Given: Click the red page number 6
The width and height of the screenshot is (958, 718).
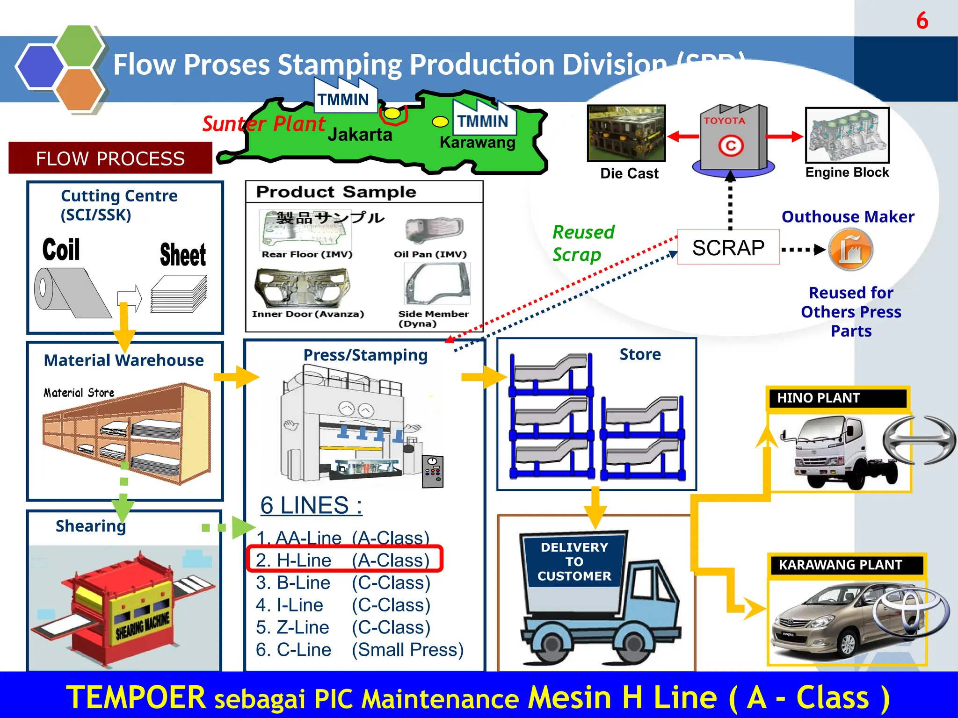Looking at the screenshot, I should pyautogui.click(x=922, y=21).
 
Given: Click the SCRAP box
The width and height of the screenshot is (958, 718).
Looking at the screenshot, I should pyautogui.click(x=728, y=247).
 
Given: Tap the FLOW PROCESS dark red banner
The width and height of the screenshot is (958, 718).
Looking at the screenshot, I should pyautogui.click(x=110, y=158).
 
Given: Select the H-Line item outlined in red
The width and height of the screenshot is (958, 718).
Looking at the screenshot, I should pyautogui.click(x=344, y=559).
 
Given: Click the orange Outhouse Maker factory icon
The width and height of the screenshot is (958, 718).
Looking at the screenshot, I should pyautogui.click(x=850, y=249).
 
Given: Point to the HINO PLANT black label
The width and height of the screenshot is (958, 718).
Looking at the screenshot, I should pyautogui.click(x=837, y=398).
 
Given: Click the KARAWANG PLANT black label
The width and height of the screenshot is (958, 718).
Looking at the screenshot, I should pyautogui.click(x=846, y=565).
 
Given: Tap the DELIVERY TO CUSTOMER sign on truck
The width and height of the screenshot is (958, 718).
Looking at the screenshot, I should pyautogui.click(x=574, y=561).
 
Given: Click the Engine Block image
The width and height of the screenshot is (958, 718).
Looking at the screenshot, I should pyautogui.click(x=847, y=135).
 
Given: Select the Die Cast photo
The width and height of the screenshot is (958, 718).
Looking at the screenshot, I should pyautogui.click(x=626, y=133).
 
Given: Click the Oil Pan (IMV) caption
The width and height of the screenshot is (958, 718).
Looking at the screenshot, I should pyautogui.click(x=430, y=254).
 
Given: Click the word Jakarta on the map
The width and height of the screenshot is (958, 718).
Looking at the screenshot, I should pyautogui.click(x=359, y=135).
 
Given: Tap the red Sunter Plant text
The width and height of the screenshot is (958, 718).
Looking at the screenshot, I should pyautogui.click(x=263, y=124).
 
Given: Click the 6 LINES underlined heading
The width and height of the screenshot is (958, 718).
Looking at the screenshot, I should pyautogui.click(x=311, y=505).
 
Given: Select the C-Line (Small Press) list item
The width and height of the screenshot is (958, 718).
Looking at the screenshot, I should pyautogui.click(x=359, y=649).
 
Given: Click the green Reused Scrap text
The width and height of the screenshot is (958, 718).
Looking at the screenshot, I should pyautogui.click(x=583, y=243).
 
